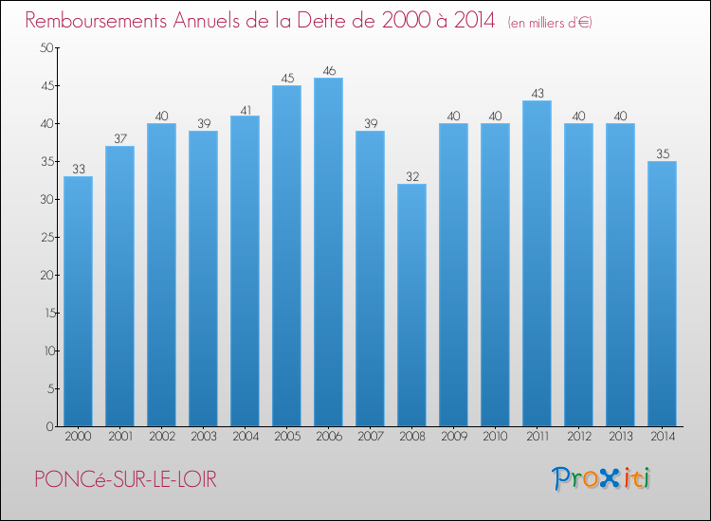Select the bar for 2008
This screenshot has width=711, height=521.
pyautogui.click(x=411, y=305)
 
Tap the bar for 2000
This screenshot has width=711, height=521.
pyautogui.click(x=78, y=301)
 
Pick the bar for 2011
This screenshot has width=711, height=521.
pyautogui.click(x=537, y=263)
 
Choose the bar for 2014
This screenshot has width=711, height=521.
pyautogui.click(x=662, y=294)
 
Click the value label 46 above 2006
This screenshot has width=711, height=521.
pyautogui.click(x=328, y=70)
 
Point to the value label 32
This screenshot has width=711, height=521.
pyautogui.click(x=411, y=176)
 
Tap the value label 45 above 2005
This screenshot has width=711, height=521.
pyautogui.click(x=286, y=78)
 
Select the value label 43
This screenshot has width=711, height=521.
pyautogui.click(x=537, y=93)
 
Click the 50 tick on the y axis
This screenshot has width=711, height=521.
pyautogui.click(x=46, y=48)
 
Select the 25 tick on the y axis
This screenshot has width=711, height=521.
pyautogui.click(x=46, y=237)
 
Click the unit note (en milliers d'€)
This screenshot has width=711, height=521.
pyautogui.click(x=550, y=23)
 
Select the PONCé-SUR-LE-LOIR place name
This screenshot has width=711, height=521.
pyautogui.click(x=124, y=480)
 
